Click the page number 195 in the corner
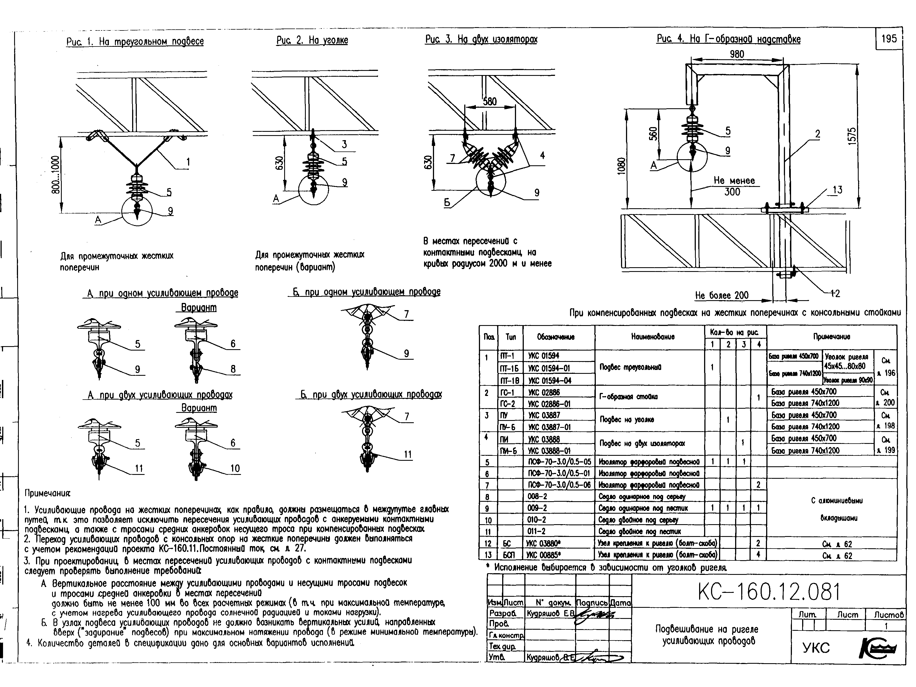[x=889, y=38]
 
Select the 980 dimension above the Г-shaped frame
[x=737, y=54]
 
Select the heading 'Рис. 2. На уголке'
[x=312, y=40]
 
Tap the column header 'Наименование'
[x=649, y=337]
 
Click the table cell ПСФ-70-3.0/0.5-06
[x=559, y=485]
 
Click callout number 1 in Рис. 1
[x=188, y=162]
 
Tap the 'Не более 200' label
[x=722, y=295]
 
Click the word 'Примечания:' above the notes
[x=48, y=493]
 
